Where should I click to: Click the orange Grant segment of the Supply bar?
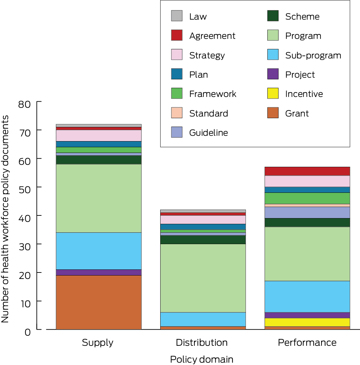tap(98, 302)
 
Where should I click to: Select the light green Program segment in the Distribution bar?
tap(202, 278)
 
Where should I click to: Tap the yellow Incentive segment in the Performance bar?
tap(307, 322)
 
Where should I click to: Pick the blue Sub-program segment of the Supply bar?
tap(98, 251)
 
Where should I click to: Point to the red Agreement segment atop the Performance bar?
tap(307, 171)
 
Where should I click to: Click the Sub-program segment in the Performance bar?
tap(307, 296)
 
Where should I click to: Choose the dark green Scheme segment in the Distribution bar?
tap(202, 239)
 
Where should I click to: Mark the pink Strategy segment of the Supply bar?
tap(98, 135)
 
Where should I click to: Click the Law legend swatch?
tap(177, 16)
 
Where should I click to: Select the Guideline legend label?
tap(209, 133)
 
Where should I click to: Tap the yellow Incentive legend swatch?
tap(273, 94)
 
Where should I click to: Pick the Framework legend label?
tap(213, 94)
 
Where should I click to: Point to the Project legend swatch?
tap(273, 74)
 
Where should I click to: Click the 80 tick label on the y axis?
tap(24, 104)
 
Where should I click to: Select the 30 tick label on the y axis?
tap(24, 246)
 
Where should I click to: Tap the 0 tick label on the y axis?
tap(27, 332)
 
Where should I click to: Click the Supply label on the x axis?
tap(98, 343)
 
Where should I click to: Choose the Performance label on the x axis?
tap(307, 343)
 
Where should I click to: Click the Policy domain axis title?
tap(201, 359)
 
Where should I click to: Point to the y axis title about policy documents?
tap(5, 219)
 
